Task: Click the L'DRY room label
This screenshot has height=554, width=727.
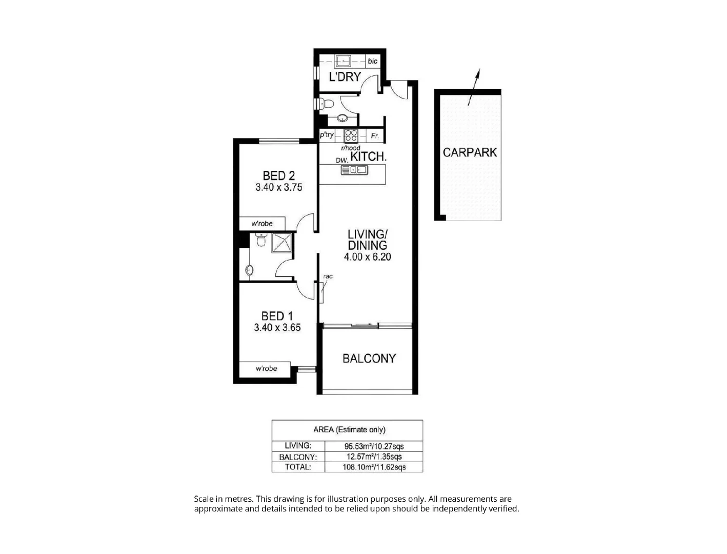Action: [345, 77]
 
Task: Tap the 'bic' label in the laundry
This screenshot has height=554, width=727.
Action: [372, 61]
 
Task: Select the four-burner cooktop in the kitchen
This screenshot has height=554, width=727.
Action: [351, 135]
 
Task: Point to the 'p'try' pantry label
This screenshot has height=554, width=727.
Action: [327, 135]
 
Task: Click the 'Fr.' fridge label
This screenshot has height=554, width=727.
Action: [375, 136]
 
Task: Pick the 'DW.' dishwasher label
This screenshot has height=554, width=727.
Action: [342, 160]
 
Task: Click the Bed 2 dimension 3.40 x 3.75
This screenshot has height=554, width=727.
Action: [278, 188]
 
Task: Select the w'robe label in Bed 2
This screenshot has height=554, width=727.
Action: [261, 224]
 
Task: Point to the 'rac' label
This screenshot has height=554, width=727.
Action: [328, 276]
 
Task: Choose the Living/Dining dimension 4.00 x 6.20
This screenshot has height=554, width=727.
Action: [367, 257]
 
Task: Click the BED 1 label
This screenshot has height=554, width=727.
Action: [277, 316]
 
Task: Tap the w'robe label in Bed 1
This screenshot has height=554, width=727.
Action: [266, 369]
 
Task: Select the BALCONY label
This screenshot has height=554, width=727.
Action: [369, 359]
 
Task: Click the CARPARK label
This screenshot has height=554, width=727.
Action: [470, 152]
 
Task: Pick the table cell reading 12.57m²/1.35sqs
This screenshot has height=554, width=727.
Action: [373, 457]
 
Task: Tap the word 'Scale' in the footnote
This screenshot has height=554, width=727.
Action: [204, 499]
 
